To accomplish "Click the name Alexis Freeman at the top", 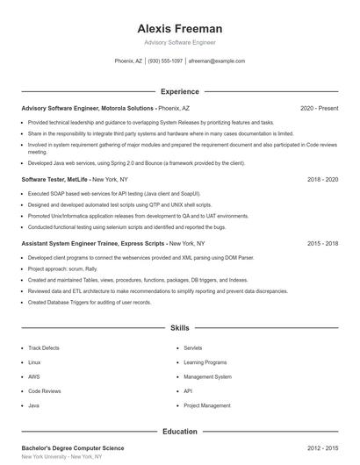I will pyautogui.click(x=179, y=28).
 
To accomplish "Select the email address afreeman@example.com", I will pyautogui.click(x=217, y=61).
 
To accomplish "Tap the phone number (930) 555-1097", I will pyautogui.click(x=165, y=61).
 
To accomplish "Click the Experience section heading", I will pyautogui.click(x=179, y=91).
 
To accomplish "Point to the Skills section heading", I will pyautogui.click(x=179, y=327).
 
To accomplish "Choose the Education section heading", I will pyautogui.click(x=179, y=432).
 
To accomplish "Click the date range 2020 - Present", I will pyautogui.click(x=319, y=108).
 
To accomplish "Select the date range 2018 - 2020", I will pyautogui.click(x=322, y=178).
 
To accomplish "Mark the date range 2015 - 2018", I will pyautogui.click(x=322, y=242).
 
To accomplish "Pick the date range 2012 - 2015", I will pyautogui.click(x=322, y=448).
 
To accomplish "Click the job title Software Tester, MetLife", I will pyautogui.click(x=55, y=178).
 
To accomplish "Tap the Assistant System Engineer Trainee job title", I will pyautogui.click(x=92, y=242).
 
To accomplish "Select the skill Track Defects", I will pyautogui.click(x=44, y=348).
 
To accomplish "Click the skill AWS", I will pyautogui.click(x=34, y=377).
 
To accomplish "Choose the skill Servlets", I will pyautogui.click(x=193, y=348).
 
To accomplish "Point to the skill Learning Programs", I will pyautogui.click(x=205, y=362).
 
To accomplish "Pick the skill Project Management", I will pyautogui.click(x=206, y=405).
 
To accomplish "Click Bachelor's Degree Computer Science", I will pyautogui.click(x=73, y=448).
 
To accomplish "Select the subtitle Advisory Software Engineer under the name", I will pyautogui.click(x=179, y=42).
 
